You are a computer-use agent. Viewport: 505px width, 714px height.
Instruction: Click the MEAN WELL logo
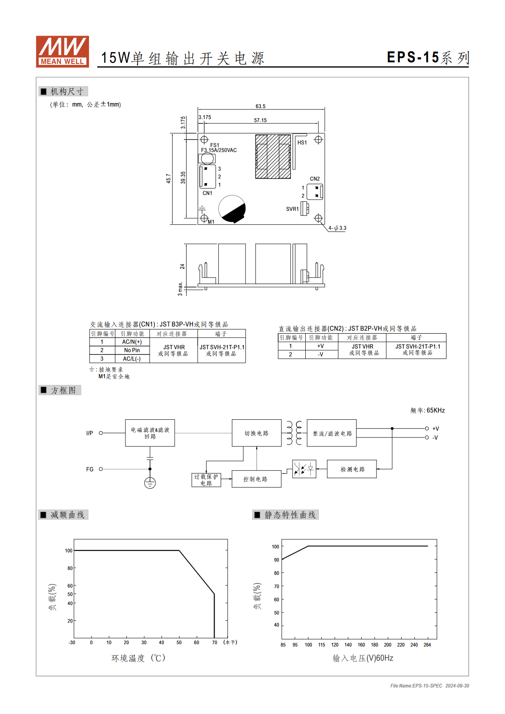click(62, 51)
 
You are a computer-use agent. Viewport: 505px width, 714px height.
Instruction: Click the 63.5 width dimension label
click(260, 106)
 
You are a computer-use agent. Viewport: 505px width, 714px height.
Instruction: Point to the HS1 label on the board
click(302, 142)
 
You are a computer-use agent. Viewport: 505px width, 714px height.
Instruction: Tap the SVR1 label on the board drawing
click(292, 209)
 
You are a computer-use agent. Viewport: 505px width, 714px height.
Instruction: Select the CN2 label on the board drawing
click(315, 178)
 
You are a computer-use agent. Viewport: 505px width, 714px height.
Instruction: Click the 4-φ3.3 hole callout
click(338, 228)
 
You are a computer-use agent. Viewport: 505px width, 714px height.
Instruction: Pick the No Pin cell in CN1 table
click(132, 350)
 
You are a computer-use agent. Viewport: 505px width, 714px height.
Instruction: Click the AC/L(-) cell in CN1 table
click(132, 359)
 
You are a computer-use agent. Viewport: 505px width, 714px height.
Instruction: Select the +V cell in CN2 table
click(321, 346)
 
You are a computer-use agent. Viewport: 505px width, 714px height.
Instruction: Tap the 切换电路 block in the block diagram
click(257, 433)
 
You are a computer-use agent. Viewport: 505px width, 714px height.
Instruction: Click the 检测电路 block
click(352, 469)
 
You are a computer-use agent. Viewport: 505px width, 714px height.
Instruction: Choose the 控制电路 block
click(257, 479)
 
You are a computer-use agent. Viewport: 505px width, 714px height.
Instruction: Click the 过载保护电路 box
click(206, 480)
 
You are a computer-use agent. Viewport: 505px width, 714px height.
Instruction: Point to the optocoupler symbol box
click(304, 469)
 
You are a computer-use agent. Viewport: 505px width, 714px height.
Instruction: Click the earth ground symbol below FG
click(150, 483)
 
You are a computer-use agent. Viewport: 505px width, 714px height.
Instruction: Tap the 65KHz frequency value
click(435, 410)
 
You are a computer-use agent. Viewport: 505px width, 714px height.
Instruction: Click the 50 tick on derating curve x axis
click(179, 642)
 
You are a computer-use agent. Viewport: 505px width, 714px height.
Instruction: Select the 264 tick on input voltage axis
click(427, 644)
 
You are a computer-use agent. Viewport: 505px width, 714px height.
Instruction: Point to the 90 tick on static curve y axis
click(276, 560)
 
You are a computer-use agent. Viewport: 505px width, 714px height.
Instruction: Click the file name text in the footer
click(416, 686)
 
